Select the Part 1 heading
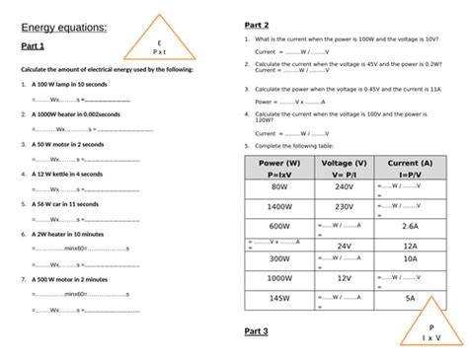click(34, 47)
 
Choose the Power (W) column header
click(279, 163)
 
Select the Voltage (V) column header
click(344, 163)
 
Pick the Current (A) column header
click(410, 163)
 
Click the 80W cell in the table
click(279, 185)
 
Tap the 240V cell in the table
click(344, 185)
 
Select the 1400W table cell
click(279, 206)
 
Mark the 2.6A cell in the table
click(410, 226)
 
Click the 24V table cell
click(344, 246)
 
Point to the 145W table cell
click(279, 297)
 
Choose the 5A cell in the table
click(410, 297)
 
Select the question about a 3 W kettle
click(65, 174)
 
